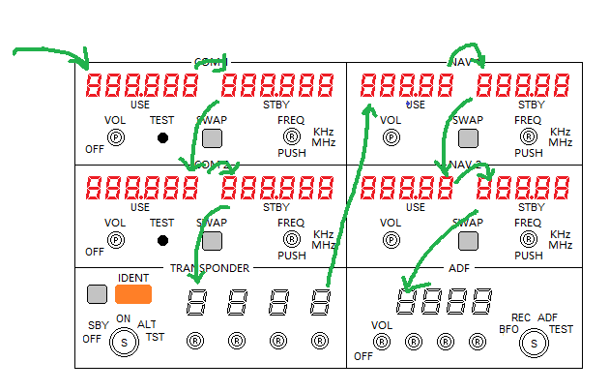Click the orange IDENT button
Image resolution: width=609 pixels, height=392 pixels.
click(133, 294)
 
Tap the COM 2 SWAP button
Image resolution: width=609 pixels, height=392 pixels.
click(212, 240)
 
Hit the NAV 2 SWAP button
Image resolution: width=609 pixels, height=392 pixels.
click(469, 240)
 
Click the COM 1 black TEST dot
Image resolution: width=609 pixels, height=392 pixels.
click(162, 137)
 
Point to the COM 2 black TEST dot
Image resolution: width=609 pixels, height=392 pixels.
click(162, 240)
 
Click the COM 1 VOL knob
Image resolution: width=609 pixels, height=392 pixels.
click(116, 137)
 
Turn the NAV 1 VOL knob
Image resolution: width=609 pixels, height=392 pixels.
click(391, 137)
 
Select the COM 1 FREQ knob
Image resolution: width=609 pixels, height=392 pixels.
click(289, 137)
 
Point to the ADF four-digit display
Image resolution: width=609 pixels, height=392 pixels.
click(440, 303)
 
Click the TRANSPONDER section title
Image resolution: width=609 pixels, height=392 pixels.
click(210, 268)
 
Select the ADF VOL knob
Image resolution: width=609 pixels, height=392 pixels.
click(382, 341)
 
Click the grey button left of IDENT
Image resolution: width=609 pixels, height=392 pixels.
click(97, 294)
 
